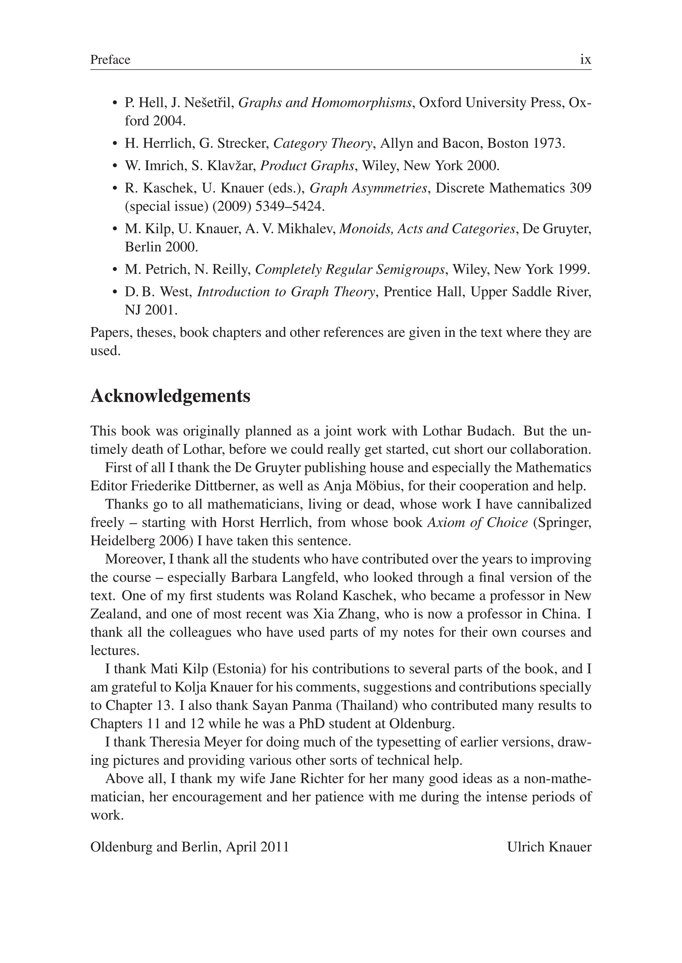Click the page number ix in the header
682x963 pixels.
[x=585, y=60]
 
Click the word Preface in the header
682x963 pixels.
[x=110, y=60]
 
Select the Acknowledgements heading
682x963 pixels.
[x=170, y=396]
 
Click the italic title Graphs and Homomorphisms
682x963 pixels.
[x=325, y=103]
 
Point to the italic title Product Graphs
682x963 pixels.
[x=307, y=166]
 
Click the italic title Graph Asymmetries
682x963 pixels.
[x=368, y=188]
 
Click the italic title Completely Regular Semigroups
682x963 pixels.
[x=350, y=269]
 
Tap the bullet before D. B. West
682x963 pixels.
[x=115, y=292]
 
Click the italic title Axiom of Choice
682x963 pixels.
[x=478, y=523]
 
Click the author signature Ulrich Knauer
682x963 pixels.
[x=549, y=847]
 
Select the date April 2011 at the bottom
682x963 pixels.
[x=257, y=847]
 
